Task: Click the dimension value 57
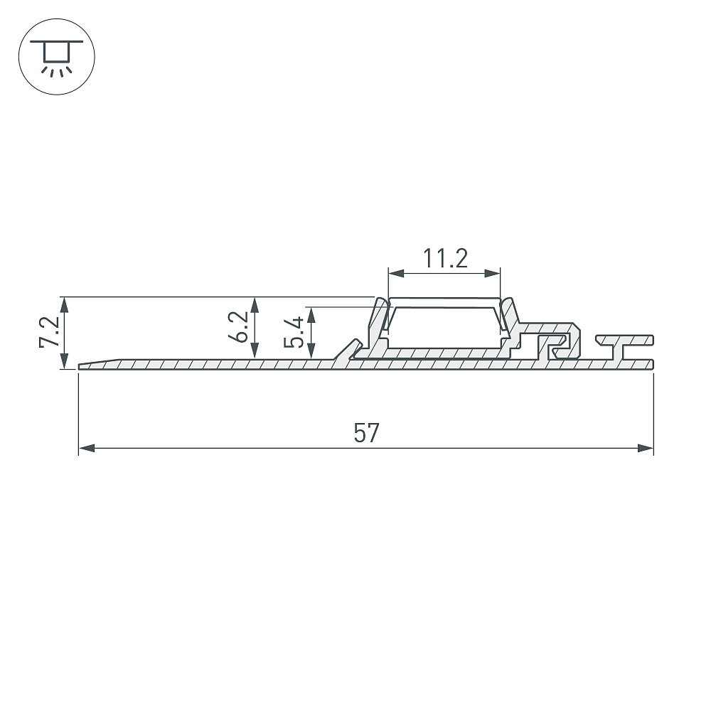pyautogui.click(x=366, y=432)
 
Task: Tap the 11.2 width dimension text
pyautogui.click(x=445, y=258)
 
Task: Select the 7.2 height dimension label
pyautogui.click(x=49, y=331)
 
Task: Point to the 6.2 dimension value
pyautogui.click(x=238, y=326)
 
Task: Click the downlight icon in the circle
pyautogui.click(x=57, y=57)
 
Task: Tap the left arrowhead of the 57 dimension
pyautogui.click(x=87, y=449)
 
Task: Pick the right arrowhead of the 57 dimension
pyautogui.click(x=646, y=449)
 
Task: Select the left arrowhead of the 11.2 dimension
pyautogui.click(x=396, y=274)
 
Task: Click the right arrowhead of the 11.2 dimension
pyautogui.click(x=493, y=274)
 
